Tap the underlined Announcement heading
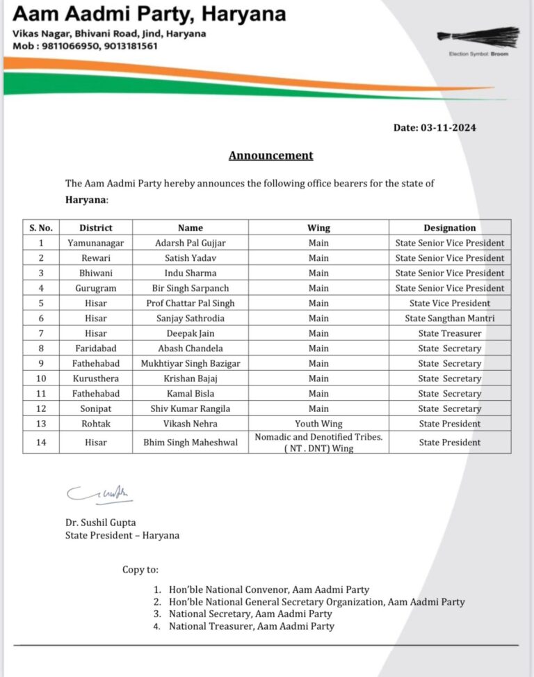[270, 155]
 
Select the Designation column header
[449, 228]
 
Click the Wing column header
[318, 228]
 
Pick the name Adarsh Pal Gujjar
[190, 243]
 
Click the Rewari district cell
[95, 258]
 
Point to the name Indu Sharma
[190, 273]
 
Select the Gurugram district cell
[95, 288]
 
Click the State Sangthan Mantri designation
[449, 318]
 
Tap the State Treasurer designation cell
[449, 333]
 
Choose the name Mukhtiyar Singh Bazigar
[190, 363]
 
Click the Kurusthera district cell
[95, 379]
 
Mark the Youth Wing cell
[318, 424]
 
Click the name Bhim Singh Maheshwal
[190, 443]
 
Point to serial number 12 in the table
[40, 408]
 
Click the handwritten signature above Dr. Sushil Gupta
[99, 493]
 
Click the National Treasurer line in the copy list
[251, 626]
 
